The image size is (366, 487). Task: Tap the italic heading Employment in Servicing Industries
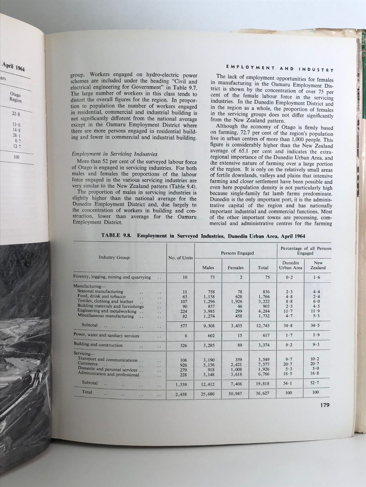114,154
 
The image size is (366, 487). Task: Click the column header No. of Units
180,257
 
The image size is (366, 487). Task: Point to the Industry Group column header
114,257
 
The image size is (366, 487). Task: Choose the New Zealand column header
318,265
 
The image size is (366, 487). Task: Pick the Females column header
236,268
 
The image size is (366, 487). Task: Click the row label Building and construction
98,345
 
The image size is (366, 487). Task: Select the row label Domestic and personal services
107,370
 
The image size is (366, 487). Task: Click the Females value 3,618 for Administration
236,374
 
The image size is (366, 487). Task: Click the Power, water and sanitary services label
106,335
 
